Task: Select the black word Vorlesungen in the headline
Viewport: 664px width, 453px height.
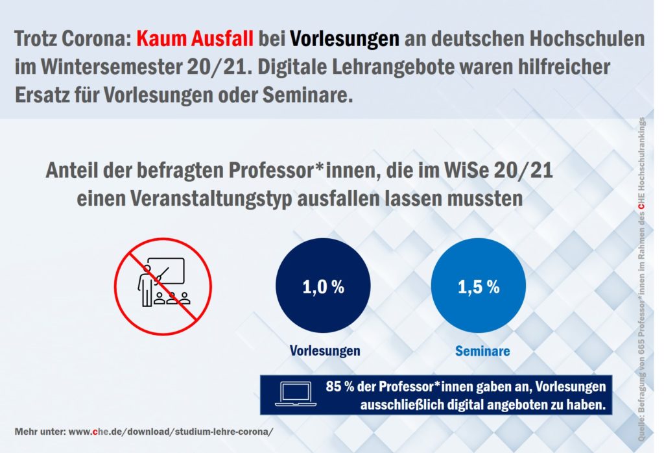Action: coord(344,39)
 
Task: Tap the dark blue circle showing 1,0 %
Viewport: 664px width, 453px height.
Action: coord(323,288)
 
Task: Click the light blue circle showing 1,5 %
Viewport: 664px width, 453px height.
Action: coord(479,288)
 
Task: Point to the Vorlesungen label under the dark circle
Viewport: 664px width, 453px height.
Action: coord(325,351)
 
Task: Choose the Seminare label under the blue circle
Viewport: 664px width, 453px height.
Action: coord(482,351)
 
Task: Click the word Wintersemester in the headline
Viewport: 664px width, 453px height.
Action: coord(101,67)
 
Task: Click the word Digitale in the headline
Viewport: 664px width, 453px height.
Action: coord(321,67)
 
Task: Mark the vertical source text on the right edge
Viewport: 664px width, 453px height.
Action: coord(641,273)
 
